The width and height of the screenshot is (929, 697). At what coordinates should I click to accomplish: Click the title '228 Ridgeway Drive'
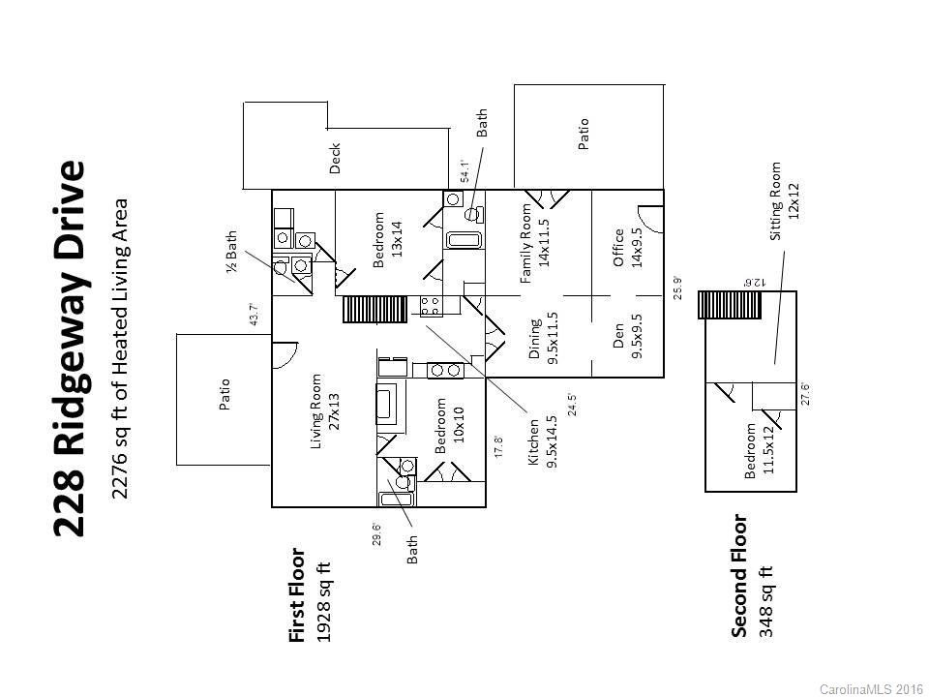tap(70, 348)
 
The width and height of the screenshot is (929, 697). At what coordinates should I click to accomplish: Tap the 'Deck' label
tap(335, 158)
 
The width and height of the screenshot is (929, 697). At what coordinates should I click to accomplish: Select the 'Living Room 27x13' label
tap(325, 411)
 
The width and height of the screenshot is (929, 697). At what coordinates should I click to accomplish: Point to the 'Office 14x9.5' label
tap(627, 248)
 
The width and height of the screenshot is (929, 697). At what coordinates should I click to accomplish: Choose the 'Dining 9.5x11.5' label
tap(544, 339)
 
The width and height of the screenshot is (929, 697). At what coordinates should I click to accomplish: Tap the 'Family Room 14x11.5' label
tap(535, 243)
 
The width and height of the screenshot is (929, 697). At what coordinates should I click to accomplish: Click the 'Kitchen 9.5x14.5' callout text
tap(543, 441)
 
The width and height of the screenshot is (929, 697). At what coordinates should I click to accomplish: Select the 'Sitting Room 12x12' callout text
tap(784, 201)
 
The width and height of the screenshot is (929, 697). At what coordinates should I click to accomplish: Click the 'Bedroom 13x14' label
tap(387, 240)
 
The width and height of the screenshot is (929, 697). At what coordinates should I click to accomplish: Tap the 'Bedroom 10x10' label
tap(449, 426)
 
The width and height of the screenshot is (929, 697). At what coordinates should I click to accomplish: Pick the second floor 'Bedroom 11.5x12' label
tap(759, 450)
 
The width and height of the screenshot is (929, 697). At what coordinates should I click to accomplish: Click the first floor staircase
tap(375, 310)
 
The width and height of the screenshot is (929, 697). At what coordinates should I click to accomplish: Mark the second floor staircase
tap(730, 305)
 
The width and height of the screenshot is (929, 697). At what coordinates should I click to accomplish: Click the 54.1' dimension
tap(465, 171)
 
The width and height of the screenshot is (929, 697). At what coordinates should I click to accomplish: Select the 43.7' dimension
tap(254, 315)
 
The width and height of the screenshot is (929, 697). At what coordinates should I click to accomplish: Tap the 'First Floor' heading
tap(296, 595)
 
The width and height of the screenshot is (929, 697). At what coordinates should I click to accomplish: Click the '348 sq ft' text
tap(766, 602)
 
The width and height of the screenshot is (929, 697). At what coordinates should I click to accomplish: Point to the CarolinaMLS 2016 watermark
tap(872, 689)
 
